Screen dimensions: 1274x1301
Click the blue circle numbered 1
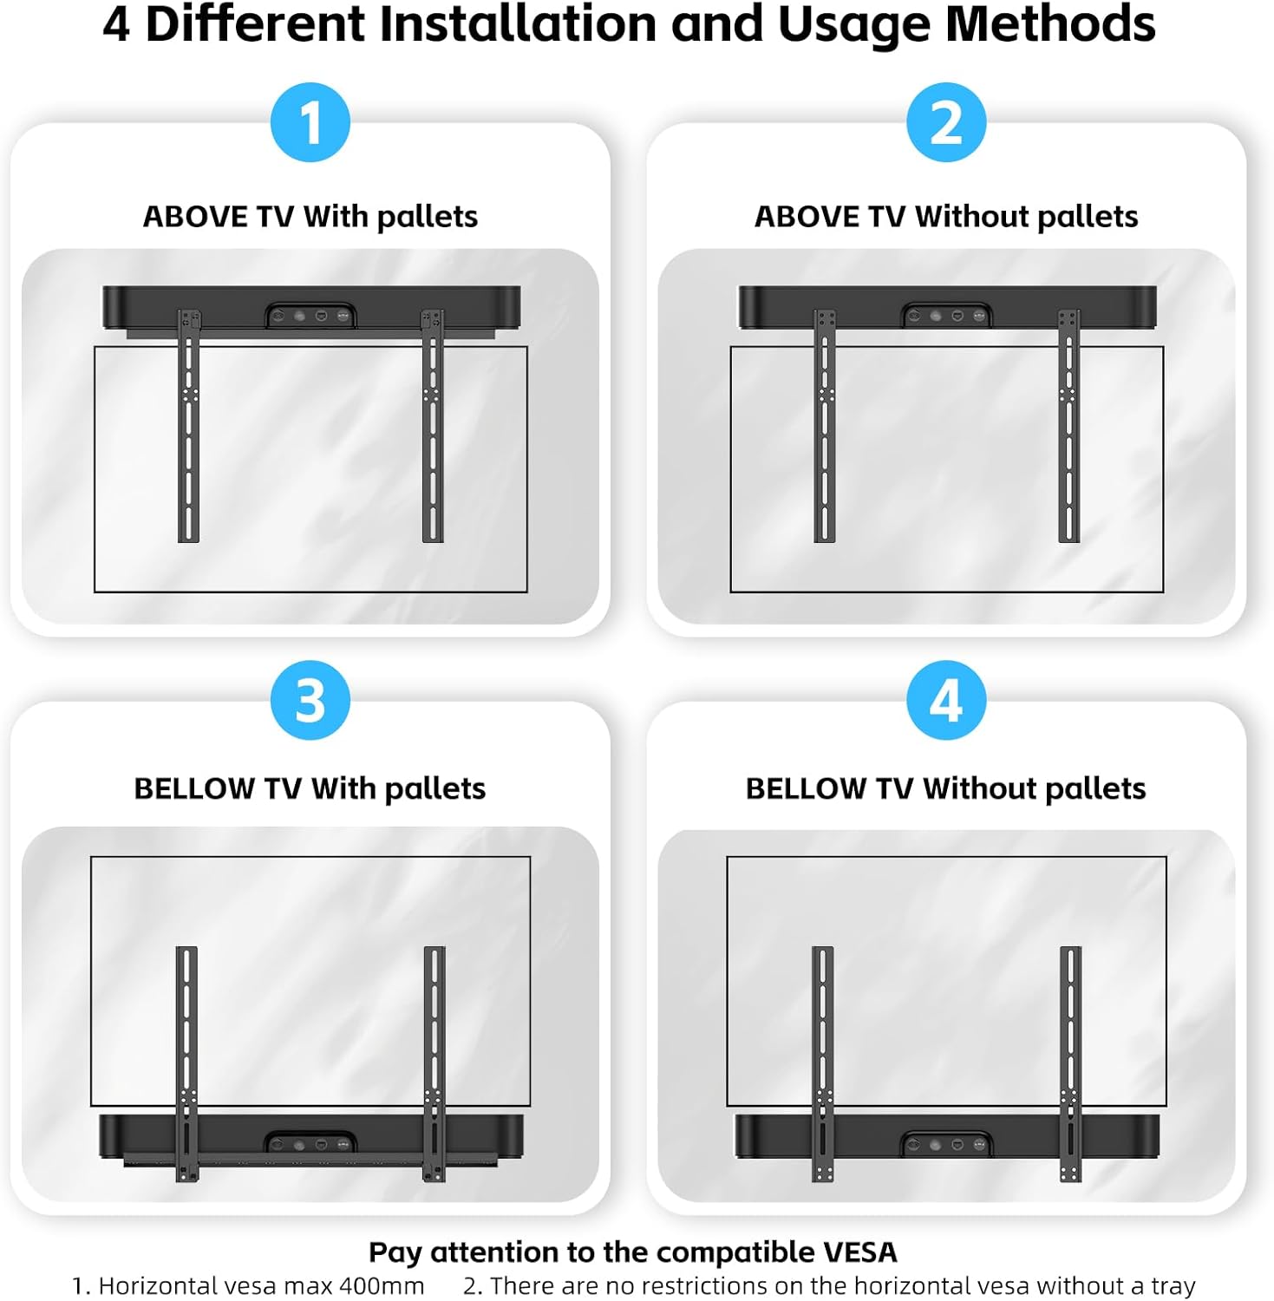coord(310,122)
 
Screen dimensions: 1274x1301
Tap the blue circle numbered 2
coord(946,122)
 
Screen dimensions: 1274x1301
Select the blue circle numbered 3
coord(310,700)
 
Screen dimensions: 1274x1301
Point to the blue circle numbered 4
coord(946,700)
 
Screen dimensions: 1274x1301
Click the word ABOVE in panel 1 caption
coord(195,217)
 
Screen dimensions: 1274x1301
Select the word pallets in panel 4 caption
coord(1094,789)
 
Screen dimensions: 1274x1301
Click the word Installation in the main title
coord(518,23)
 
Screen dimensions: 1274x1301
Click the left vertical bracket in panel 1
coord(189,426)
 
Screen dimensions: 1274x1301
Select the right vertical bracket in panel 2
coord(1068,426)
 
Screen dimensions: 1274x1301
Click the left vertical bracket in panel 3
coord(187,1063)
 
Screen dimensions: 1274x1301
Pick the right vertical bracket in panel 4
coord(1071,1063)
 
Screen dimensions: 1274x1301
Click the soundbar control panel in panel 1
coord(310,316)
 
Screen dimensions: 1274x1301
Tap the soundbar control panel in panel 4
coord(946,1144)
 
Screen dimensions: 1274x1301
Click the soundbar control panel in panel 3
coord(310,1144)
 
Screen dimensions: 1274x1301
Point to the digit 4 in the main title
coord(116,24)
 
